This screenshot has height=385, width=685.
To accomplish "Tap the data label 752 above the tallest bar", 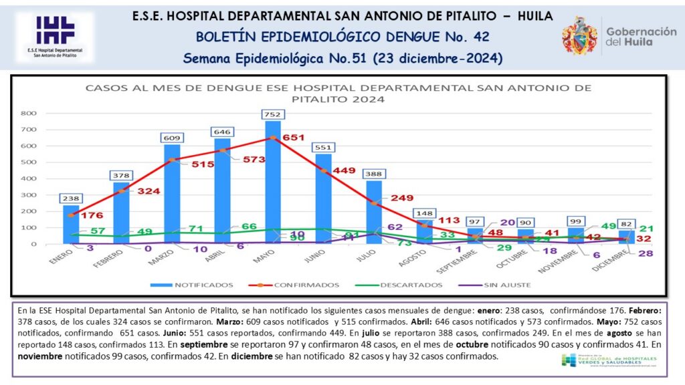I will tap(273, 114).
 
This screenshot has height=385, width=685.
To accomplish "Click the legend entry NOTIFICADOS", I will tap(203, 285).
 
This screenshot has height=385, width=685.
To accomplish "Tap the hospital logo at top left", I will tap(56, 37).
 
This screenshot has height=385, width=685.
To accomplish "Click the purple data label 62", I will tap(395, 227).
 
